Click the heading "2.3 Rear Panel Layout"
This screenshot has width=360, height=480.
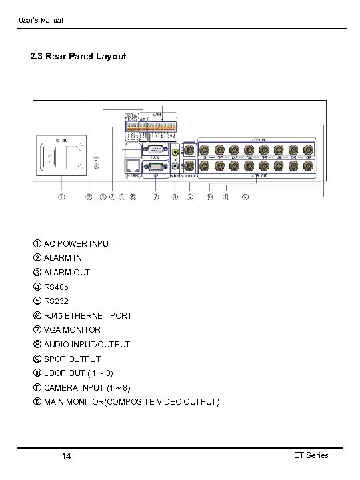coord(78,57)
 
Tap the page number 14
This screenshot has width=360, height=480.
coord(66,455)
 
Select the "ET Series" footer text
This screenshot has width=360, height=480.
coord(311,455)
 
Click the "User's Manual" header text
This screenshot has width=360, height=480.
coord(40,21)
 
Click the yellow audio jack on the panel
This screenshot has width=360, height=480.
coord(175,151)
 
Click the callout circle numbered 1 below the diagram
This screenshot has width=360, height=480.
coord(62,197)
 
